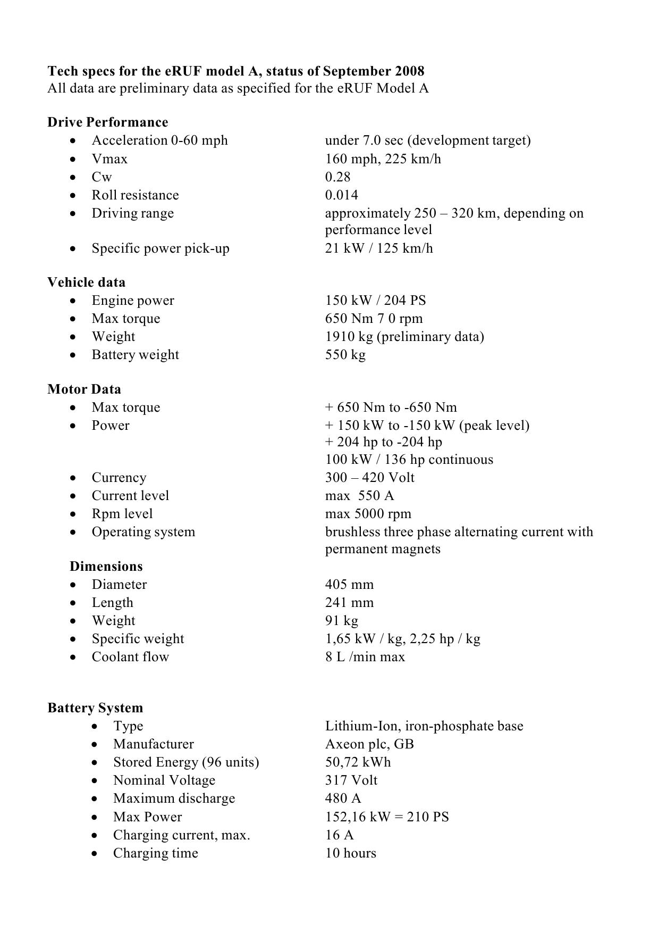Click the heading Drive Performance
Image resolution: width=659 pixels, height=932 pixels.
[107, 122]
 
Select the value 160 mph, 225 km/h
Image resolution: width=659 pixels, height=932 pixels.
[383, 159]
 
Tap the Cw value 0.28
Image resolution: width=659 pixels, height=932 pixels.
[337, 177]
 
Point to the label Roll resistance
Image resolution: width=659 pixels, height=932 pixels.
[135, 195]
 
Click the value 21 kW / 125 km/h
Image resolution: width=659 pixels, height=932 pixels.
[379, 248]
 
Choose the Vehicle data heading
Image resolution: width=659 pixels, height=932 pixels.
[86, 282]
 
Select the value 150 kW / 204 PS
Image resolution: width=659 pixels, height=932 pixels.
[375, 301]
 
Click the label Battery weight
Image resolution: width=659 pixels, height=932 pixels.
[135, 355]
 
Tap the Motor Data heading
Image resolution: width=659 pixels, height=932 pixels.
[84, 389]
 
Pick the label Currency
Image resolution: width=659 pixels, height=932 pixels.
[119, 478]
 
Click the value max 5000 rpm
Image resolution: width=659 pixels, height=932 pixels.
[368, 514]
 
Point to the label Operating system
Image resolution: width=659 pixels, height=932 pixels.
[143, 532]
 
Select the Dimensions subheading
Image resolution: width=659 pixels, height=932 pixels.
[106, 567]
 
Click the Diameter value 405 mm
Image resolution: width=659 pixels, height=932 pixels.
[349, 585]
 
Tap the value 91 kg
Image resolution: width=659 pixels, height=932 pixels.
[341, 621]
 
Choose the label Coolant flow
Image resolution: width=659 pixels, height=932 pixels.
[130, 657]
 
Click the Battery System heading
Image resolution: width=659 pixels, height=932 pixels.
[95, 708]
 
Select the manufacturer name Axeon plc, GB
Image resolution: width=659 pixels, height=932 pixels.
[369, 744]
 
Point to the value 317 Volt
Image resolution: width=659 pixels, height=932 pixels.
[351, 780]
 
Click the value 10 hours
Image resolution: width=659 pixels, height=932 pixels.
[350, 853]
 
